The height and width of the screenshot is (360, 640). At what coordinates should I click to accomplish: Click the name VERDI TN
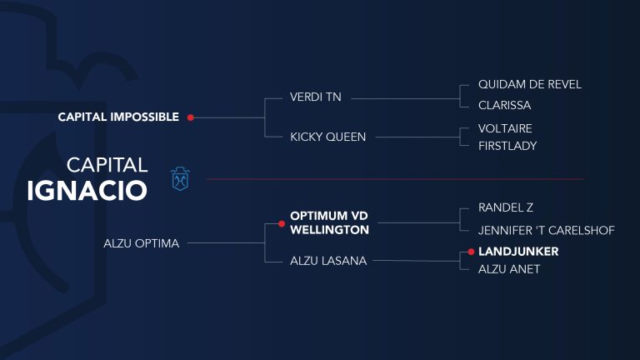[316, 97]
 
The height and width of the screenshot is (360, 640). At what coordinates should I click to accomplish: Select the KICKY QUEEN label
[327, 137]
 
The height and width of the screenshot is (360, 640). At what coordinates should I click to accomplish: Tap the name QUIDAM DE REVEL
[530, 84]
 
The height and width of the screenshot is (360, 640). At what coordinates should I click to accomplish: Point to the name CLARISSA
[504, 105]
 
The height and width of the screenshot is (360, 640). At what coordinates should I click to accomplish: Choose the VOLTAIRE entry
[505, 128]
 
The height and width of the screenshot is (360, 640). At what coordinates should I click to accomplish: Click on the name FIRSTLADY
[507, 146]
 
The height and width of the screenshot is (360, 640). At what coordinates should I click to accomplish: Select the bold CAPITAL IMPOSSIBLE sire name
[118, 117]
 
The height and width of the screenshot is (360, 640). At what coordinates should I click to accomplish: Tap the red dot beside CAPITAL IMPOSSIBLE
[191, 117]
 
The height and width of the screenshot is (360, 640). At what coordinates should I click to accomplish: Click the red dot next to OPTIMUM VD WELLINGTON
[282, 223]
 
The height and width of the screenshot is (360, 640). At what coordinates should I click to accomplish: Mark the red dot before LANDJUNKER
[471, 252]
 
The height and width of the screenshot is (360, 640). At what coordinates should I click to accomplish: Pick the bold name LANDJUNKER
[518, 252]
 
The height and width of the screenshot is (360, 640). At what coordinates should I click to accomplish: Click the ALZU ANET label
[509, 269]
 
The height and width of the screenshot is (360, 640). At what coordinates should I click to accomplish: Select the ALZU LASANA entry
[328, 260]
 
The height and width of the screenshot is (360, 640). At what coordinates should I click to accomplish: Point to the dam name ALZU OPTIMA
[141, 243]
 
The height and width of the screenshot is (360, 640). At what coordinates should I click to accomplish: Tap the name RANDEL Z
[506, 207]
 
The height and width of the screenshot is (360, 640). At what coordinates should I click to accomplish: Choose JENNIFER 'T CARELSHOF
[547, 230]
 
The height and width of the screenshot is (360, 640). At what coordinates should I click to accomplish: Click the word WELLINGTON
[329, 230]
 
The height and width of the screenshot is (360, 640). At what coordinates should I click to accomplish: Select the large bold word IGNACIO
[87, 191]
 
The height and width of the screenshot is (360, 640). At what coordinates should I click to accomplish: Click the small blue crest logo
[180, 179]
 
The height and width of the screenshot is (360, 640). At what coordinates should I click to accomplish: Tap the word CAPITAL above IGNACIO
[107, 165]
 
